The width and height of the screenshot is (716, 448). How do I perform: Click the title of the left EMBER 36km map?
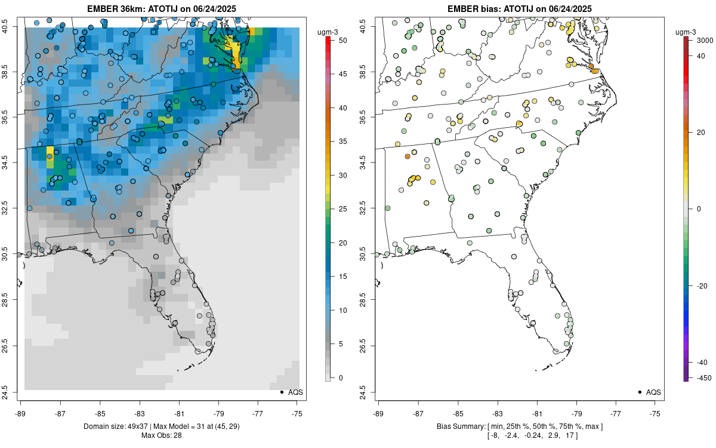162,8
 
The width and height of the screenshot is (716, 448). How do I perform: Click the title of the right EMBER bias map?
520,8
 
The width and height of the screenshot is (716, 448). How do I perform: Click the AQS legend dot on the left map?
281,392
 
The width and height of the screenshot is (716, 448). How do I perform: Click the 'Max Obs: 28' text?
162,435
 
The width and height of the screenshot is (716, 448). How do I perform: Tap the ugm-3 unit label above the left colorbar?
330,32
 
